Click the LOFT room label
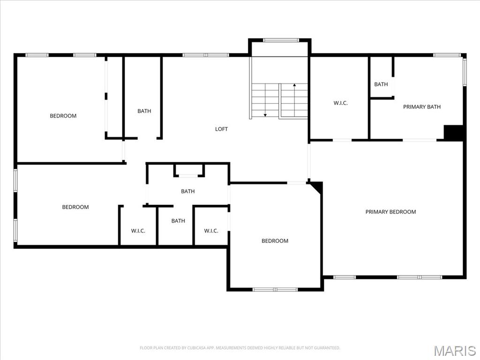221,129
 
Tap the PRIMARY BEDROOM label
390,212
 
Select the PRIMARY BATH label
422,107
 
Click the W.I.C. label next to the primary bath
340,103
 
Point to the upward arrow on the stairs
294,85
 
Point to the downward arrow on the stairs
265,114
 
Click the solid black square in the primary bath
453,132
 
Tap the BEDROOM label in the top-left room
63,116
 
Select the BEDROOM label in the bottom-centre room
275,241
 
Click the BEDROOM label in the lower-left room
75,207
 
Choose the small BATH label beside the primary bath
381,84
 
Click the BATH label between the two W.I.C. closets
178,221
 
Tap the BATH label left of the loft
144,111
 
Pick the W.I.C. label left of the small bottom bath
138,231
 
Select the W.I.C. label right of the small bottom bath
211,231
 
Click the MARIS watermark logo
454,351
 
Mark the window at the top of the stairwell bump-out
280,40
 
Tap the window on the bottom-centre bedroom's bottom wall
275,289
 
